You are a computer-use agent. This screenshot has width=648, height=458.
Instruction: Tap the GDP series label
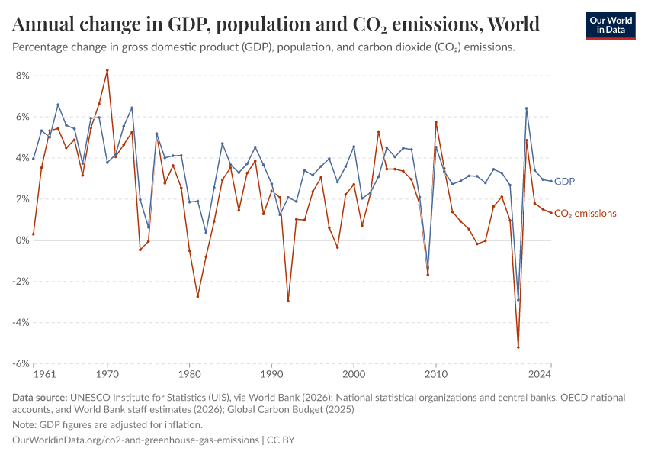(564, 182)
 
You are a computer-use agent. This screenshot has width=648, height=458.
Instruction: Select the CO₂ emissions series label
(585, 214)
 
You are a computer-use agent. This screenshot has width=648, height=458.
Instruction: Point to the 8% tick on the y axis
(21, 76)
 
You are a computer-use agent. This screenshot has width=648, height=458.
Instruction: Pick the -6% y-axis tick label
(20, 363)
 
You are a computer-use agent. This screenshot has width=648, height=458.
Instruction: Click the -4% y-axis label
(20, 322)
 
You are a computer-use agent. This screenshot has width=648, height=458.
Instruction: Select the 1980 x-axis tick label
(189, 375)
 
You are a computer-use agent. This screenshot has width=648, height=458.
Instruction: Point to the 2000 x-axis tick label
(354, 375)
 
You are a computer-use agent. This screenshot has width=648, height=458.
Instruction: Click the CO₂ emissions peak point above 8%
(107, 70)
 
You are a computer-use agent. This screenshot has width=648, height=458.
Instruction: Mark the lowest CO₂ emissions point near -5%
(518, 347)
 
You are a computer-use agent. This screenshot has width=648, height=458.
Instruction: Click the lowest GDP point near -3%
(518, 300)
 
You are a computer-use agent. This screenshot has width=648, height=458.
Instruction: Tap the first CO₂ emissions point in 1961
(34, 234)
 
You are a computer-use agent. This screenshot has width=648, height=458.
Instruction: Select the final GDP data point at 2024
(551, 181)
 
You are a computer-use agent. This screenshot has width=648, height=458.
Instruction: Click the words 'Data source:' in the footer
(40, 398)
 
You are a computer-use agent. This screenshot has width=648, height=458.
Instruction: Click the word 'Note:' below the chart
(26, 424)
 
